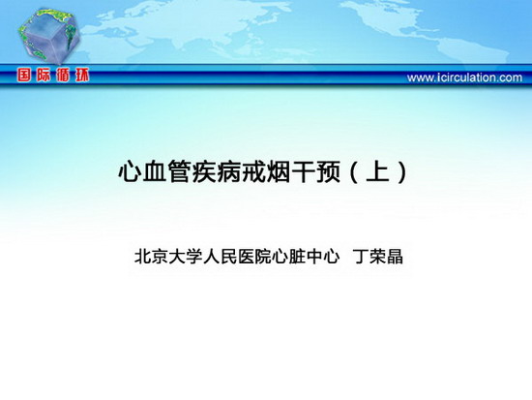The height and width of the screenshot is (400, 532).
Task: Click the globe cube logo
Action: pos(48,35)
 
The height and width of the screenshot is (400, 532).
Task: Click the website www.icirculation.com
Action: pos(464,77)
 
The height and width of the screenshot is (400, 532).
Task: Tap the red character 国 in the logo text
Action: pos(24,76)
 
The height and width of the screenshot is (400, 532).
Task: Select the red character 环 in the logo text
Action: pos(82,76)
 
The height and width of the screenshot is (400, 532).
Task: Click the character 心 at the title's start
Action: pos(130,171)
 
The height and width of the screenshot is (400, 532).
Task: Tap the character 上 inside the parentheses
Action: pos(378,171)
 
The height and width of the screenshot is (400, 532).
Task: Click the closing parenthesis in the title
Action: pos(402,172)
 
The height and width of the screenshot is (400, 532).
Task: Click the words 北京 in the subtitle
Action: pos(151,257)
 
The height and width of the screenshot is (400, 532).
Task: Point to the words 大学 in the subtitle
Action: pos(186,257)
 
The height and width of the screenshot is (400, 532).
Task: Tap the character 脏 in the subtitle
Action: pos(297,257)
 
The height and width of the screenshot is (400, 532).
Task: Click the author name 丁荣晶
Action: pos(378,257)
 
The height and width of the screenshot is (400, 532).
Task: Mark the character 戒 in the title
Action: pos(253,171)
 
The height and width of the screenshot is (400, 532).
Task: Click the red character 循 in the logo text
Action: pos(63,76)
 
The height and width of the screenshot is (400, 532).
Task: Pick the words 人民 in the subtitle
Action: pos(220,257)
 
